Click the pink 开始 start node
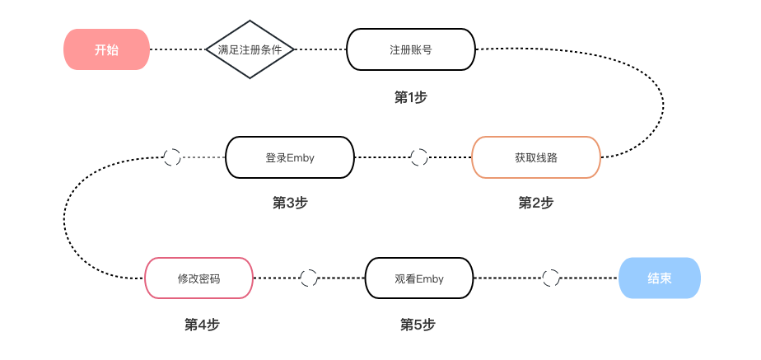pos(106,49)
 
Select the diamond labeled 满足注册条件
pos(250,49)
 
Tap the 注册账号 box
pos(411,49)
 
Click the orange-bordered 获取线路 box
pos(535,157)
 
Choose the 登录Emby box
pos(290,157)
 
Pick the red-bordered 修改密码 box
pos(198,278)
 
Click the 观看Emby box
pos(419,278)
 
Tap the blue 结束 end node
pos(659,278)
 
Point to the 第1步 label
pos(411,97)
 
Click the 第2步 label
pos(535,203)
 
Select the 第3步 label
pos(290,203)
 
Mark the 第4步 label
pos(202,325)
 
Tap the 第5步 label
pos(417,325)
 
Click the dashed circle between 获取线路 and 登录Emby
pos(419,157)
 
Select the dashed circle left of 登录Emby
pos(172,157)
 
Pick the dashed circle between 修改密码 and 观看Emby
pos(309,278)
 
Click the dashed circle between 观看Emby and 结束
pos(551,278)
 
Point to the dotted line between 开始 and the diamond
pos(177,49)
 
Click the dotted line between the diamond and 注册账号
pos(321,49)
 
